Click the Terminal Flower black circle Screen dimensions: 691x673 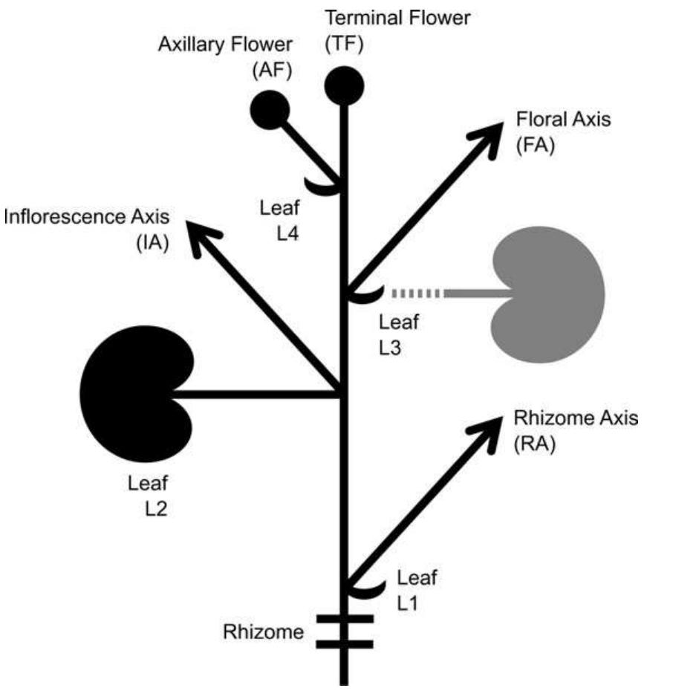[344, 85]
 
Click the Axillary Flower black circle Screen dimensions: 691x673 [269, 111]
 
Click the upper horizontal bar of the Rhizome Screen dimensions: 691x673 [344, 618]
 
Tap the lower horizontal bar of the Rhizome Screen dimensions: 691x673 [344, 643]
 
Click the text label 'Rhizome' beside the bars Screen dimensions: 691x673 [263, 632]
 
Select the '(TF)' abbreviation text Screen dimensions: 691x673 [344, 44]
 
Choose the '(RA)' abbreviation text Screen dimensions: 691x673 [535, 446]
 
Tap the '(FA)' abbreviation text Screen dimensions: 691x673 [535, 146]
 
